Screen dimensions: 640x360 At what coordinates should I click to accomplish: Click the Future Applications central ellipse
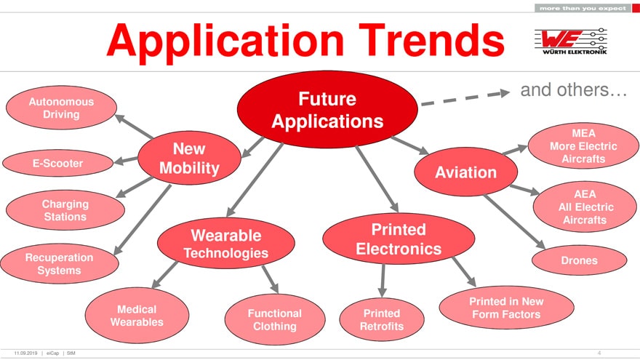point(327,109)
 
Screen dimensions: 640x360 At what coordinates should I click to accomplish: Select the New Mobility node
point(189,158)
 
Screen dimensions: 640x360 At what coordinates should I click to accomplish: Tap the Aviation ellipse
point(465,172)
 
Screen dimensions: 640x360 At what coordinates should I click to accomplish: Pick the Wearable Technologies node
point(226,243)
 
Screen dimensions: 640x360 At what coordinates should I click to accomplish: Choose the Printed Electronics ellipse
point(399,239)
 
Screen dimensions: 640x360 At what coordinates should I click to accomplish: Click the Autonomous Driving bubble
point(61,108)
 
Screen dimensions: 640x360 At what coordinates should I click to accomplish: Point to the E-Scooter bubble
point(58,163)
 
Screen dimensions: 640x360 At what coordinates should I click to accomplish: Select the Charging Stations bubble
point(65,210)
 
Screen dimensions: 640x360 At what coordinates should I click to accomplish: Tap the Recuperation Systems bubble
point(60,264)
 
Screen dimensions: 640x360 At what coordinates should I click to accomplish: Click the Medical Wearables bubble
point(137,316)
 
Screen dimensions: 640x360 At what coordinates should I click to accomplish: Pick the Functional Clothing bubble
point(275,319)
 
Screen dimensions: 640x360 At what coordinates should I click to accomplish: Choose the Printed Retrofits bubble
point(382,319)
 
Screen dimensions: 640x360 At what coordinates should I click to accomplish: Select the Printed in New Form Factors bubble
point(506,308)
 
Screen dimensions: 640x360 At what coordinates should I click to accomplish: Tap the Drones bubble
point(579,260)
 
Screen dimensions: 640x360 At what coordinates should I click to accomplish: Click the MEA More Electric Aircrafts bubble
point(583,145)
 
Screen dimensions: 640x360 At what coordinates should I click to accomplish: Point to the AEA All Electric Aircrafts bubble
point(585,207)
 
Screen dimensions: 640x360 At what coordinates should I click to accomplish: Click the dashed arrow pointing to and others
point(465,98)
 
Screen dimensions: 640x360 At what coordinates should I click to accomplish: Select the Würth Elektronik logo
point(571,41)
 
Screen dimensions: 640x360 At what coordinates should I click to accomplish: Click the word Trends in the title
point(432,41)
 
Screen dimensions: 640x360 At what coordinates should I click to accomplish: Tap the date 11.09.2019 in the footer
point(25,353)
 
